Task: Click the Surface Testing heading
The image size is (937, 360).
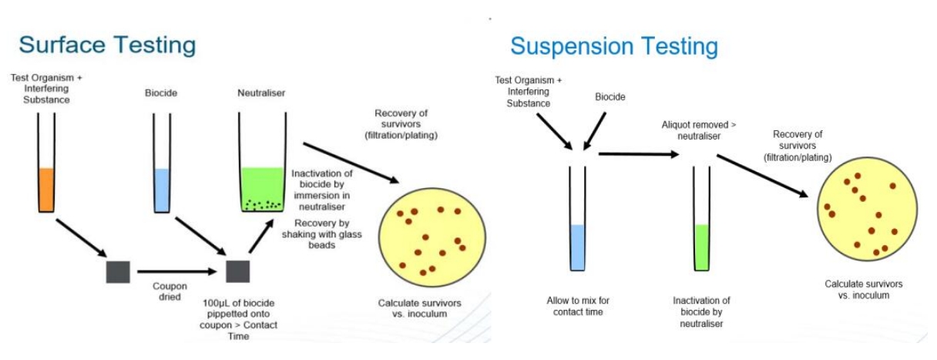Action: (107, 45)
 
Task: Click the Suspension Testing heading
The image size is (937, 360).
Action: (614, 46)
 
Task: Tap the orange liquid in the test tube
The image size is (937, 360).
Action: (46, 190)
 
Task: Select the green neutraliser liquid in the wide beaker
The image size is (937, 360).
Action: (262, 188)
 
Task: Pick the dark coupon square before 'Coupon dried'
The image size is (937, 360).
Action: (118, 272)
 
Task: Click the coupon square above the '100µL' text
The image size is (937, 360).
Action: (237, 272)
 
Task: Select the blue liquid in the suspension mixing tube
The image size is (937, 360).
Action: (579, 247)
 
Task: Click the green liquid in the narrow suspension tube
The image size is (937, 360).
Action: (702, 247)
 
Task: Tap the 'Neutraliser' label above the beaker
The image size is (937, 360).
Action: (261, 93)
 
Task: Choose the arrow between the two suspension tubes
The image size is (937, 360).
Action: (640, 154)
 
